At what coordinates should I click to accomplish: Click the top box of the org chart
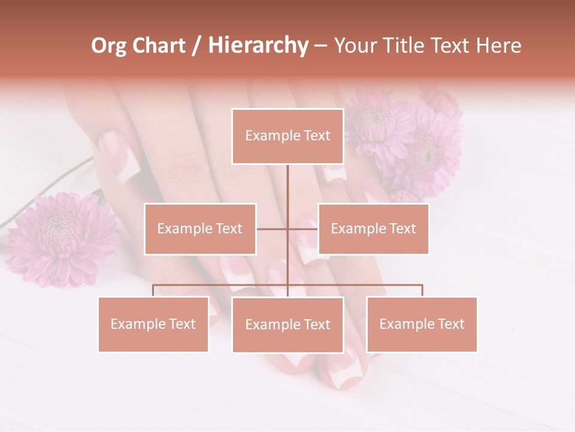(287, 136)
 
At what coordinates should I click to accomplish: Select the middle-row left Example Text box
(200, 229)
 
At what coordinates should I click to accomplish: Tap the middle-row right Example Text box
(373, 229)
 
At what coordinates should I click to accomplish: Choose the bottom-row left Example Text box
(153, 324)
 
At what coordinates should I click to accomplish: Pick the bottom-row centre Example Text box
(287, 325)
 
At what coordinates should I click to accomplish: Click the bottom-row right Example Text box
(422, 324)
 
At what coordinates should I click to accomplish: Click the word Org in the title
(108, 46)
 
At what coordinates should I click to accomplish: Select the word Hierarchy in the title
(258, 46)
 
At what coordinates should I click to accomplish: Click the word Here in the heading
(499, 46)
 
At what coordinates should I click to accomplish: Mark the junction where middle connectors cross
(287, 229)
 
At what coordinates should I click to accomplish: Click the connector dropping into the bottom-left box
(153, 290)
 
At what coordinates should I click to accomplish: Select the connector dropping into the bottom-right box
(422, 290)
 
